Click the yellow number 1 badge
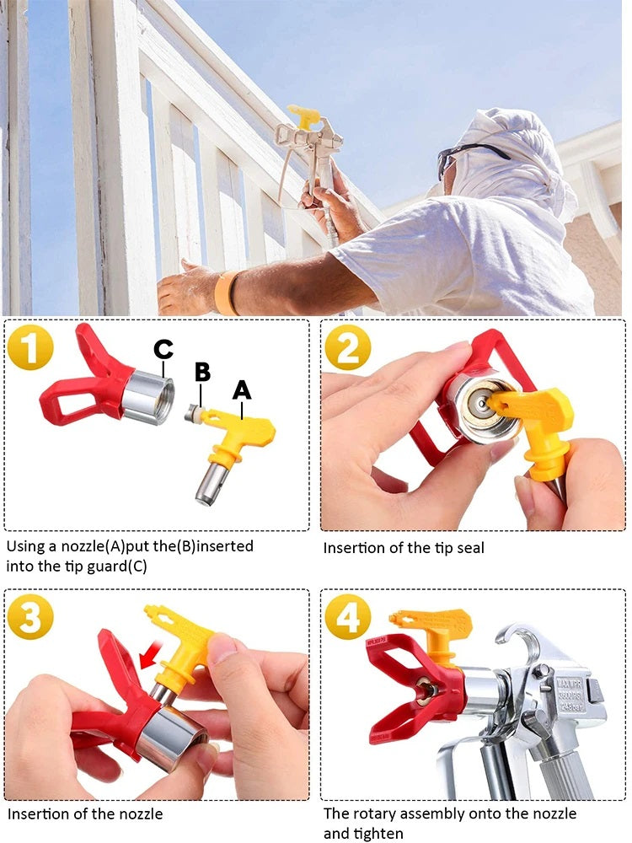click(30, 347)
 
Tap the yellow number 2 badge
click(348, 347)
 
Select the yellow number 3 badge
click(30, 617)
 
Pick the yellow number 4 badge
click(348, 617)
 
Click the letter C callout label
click(163, 350)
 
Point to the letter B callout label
click(202, 372)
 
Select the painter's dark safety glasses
click(467, 157)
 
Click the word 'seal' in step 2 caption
click(470, 548)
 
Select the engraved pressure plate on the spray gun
click(570, 695)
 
